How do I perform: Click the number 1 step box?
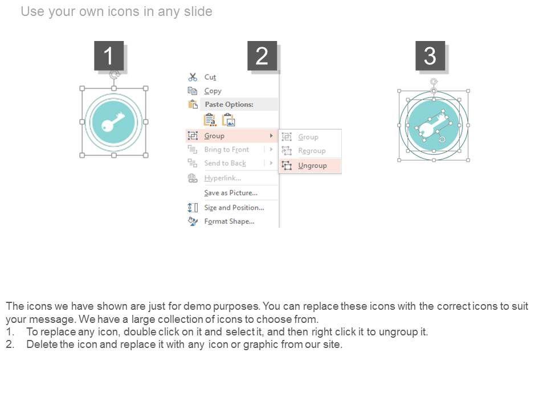[x=109, y=56]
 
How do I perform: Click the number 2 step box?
[x=262, y=56]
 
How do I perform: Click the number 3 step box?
[x=430, y=56]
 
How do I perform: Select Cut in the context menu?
[x=210, y=77]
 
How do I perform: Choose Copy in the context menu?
[x=213, y=91]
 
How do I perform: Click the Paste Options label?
[x=229, y=104]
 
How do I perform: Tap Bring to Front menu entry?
[x=227, y=150]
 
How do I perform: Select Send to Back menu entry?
[x=225, y=163]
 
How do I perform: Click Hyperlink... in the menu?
[x=223, y=178]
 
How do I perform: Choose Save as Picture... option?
[x=231, y=193]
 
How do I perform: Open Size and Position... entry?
[x=234, y=208]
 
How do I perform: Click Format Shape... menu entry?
[x=229, y=222]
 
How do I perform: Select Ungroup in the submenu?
[x=312, y=166]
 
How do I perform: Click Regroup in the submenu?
[x=312, y=150]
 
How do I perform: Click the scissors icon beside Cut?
[x=193, y=77]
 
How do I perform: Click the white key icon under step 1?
[x=113, y=122]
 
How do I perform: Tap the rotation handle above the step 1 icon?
[x=114, y=74]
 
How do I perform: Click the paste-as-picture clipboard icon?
[x=229, y=120]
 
